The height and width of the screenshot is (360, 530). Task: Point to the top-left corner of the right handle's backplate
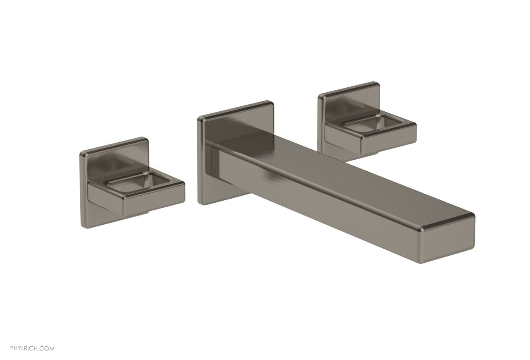(x=320, y=98)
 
